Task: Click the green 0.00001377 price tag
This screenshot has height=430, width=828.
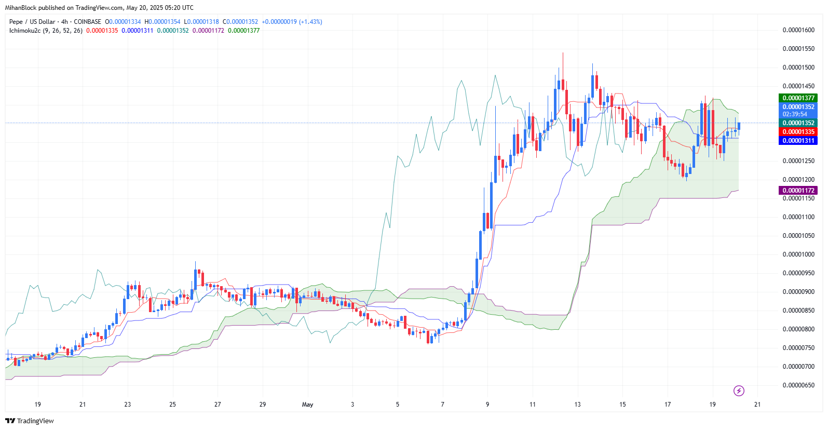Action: coord(798,98)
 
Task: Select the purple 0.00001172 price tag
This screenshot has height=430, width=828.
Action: coord(798,191)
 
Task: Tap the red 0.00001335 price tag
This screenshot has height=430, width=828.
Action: coord(798,132)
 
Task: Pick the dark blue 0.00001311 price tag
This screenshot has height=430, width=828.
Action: coord(798,141)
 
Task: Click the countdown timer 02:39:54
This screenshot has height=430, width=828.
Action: coord(795,114)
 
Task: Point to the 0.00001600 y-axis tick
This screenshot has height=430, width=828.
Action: coord(798,30)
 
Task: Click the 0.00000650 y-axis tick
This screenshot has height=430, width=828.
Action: coord(798,385)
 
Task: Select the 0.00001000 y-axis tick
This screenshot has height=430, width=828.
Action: coord(798,254)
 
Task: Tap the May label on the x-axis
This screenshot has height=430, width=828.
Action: coord(308,405)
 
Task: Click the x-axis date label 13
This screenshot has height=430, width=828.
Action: coord(577,405)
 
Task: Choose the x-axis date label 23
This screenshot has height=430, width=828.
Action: coord(128,405)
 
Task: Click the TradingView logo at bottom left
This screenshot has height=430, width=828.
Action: coord(30,421)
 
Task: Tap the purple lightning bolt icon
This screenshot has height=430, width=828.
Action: coord(739,391)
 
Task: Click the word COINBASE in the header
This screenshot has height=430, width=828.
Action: coord(88,22)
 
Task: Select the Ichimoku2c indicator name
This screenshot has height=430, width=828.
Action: coord(24,31)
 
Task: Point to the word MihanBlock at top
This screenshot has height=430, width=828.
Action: coord(21,8)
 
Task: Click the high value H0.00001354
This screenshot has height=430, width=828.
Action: coord(162,22)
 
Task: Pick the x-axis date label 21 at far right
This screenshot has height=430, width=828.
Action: coord(757,405)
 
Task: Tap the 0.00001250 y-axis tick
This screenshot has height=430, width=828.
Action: coord(798,161)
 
